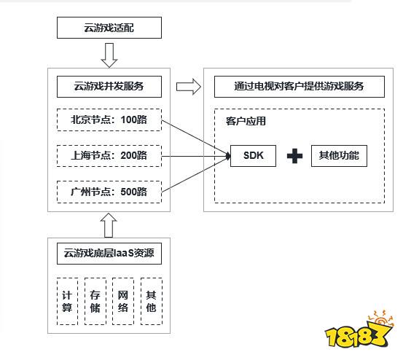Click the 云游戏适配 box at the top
point(109,28)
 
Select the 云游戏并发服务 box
point(109,87)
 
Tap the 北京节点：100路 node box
point(109,120)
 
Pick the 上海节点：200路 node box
point(109,156)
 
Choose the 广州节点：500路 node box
point(109,192)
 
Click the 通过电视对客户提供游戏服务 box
point(299,87)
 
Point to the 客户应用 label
point(245,122)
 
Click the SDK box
point(253,156)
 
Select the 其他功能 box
point(338,156)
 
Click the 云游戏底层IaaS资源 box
point(109,254)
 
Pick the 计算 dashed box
point(67,301)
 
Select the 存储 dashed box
point(95,301)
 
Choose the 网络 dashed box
point(123,301)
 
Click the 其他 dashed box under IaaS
point(151,301)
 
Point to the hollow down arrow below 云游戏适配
point(109,53)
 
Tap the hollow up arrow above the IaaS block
point(109,224)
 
